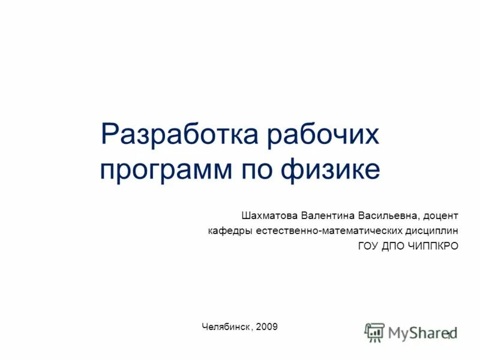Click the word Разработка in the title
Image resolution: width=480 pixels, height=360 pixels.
[179, 135]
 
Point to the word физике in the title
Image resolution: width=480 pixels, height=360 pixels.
[331, 169]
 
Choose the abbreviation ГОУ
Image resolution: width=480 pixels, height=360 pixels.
[370, 246]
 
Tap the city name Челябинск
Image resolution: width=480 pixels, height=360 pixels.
[227, 327]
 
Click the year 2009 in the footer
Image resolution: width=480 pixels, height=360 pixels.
[266, 327]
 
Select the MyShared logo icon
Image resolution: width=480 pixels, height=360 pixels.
[374, 332]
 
